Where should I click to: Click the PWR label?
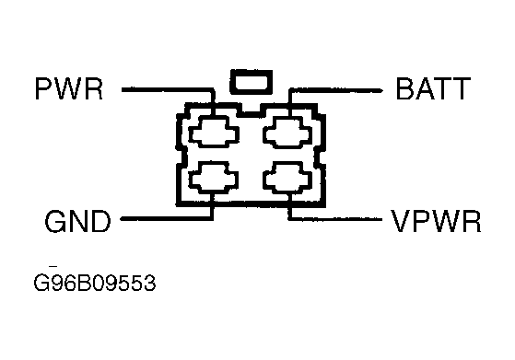point(69,88)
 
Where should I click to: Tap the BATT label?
point(434,88)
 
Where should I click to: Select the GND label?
point(77,222)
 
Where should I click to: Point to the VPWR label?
point(436,222)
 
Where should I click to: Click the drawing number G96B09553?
point(95,283)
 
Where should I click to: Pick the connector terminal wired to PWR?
point(214,132)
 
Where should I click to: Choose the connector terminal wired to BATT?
point(287,132)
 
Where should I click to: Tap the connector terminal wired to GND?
point(214,177)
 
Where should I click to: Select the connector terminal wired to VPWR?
point(287,177)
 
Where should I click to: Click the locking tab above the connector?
point(252,82)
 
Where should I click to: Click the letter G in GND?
point(54,222)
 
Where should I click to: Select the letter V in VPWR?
point(400,222)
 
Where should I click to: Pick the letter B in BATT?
point(404,88)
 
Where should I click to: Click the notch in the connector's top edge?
point(252,110)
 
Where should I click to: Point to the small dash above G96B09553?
point(53,266)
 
